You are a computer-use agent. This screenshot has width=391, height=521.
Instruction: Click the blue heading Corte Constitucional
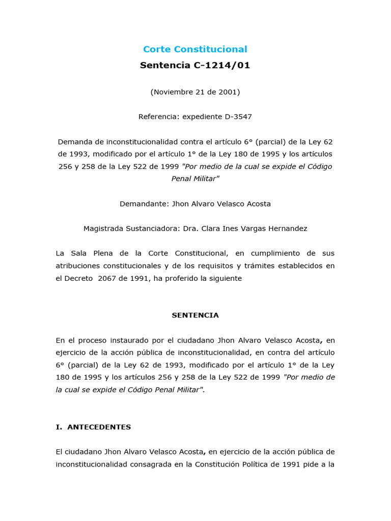(x=195, y=49)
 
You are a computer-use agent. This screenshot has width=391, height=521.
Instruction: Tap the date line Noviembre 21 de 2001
(x=195, y=92)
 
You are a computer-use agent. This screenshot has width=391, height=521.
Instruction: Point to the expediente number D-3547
(x=238, y=117)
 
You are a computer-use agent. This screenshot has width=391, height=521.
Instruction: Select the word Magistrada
(x=103, y=229)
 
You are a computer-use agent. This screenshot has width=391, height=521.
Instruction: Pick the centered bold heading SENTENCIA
(x=195, y=315)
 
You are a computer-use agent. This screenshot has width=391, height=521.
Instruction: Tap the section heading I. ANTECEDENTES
(x=93, y=427)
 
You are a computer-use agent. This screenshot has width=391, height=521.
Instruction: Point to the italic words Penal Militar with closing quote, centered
(x=195, y=179)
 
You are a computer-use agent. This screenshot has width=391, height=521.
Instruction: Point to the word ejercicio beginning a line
(x=71, y=353)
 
